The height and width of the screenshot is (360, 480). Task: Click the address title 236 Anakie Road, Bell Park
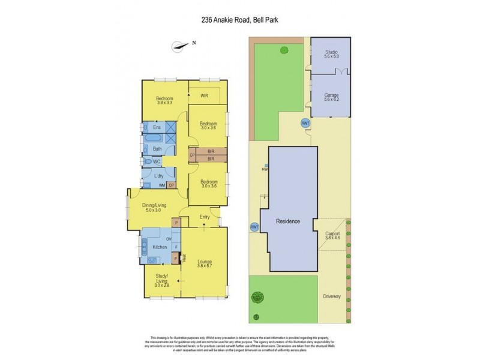tap(239, 20)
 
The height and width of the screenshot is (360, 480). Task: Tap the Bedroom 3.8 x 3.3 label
tap(164, 101)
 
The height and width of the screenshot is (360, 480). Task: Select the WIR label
tap(204, 95)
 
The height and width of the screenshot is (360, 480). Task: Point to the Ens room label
tap(157, 128)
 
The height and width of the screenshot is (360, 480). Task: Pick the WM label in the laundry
tap(161, 185)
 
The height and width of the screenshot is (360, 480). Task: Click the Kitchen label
tap(159, 247)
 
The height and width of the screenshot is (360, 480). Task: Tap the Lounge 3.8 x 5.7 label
tap(205, 263)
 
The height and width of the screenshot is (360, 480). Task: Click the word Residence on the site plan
tap(288, 221)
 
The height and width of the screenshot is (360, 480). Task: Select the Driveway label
tap(331, 296)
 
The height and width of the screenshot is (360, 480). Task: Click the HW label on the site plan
tap(265, 169)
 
